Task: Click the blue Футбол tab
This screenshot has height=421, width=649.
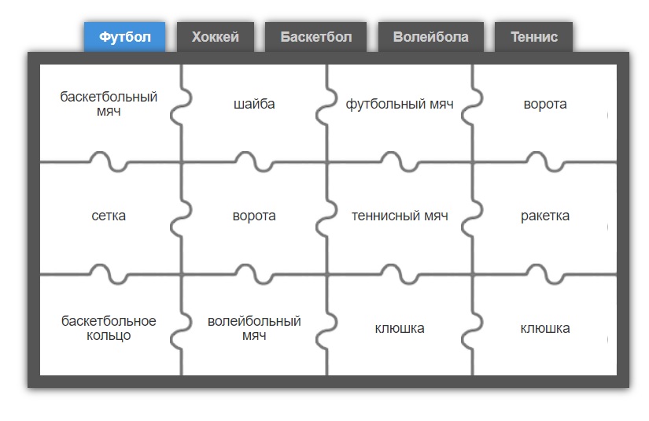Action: pos(124,37)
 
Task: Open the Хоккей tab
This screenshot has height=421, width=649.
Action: pos(216,37)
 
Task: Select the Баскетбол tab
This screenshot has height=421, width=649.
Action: pos(315,37)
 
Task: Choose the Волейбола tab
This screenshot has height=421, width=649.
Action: pos(431,37)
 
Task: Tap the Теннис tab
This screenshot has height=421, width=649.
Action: pos(534,37)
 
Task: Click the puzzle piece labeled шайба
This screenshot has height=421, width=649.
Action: pos(254,113)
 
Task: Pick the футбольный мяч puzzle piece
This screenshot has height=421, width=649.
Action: pos(400,113)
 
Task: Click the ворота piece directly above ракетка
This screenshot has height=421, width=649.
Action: pos(544,113)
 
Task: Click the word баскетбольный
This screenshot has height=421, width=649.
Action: pos(109,97)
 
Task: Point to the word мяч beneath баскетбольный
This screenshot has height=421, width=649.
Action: pos(109,112)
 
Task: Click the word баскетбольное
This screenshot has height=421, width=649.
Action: pos(109,321)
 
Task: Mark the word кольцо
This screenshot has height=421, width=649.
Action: pos(109,336)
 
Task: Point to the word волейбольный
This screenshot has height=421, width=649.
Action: pos(254,321)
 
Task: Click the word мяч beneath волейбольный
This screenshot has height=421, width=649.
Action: pos(254,336)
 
